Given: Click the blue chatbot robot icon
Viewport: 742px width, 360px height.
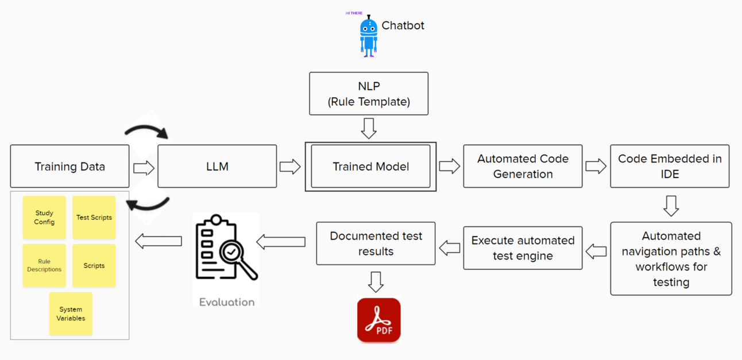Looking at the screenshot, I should pos(368,35).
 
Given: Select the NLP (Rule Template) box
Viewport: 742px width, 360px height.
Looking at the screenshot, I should pos(369,94).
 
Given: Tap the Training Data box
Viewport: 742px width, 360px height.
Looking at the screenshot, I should pos(69,167).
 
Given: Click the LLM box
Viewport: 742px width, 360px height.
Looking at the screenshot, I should pos(217,167).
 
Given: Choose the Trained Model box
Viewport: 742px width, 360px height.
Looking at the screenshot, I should pos(370,167).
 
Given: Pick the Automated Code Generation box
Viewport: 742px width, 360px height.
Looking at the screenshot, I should pos(523,167).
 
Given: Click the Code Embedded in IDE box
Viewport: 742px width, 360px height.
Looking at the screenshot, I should pos(670,167).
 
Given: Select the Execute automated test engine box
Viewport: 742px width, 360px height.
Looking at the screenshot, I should pos(523,248).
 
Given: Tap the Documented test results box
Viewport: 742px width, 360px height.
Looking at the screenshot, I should pos(376,243).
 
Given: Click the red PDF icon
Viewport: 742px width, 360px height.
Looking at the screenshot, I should pos(378,320).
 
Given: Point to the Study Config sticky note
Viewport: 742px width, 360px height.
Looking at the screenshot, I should pos(44,218).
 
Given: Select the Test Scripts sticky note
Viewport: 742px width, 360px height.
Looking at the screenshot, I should pos(94,218).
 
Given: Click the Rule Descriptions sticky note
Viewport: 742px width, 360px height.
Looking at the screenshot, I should pos(44,265).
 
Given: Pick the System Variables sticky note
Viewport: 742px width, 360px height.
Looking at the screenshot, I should pos(71,313).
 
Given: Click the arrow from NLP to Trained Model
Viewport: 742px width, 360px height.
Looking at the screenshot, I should pos(369,128).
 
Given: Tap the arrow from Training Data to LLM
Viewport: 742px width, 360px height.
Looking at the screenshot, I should pos(144,168).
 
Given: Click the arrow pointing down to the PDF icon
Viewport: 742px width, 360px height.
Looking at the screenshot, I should pos(376,281).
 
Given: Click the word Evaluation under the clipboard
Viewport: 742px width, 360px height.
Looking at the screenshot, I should pos(226,302).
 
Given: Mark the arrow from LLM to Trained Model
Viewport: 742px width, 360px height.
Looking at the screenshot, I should pos(290,167).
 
